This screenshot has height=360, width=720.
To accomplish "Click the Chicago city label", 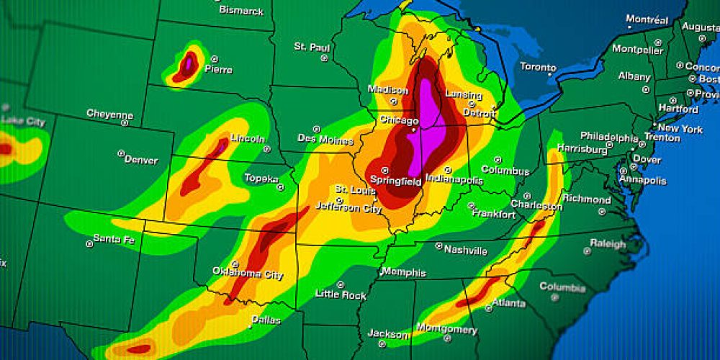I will tap(398, 120).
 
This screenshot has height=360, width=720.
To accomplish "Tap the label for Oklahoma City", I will tap(247, 273).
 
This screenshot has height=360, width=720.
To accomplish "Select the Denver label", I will tap(140, 159).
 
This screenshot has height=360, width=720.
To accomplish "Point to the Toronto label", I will tap(538, 67).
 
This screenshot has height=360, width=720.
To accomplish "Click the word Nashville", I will tap(465, 251).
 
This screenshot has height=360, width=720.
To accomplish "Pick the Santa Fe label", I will tap(114, 239).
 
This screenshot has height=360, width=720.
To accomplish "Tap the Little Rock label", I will tap(341, 294).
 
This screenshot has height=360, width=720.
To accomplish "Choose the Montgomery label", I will tap(447, 330).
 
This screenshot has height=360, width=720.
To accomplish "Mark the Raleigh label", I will tap(608, 244).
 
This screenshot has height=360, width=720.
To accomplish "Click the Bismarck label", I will tap(241, 11).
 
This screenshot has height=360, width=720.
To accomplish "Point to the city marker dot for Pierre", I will tap(215, 59).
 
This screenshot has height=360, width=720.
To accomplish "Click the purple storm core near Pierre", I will tap(189, 63).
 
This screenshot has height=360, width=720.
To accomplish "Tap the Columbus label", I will tap(505, 171).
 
